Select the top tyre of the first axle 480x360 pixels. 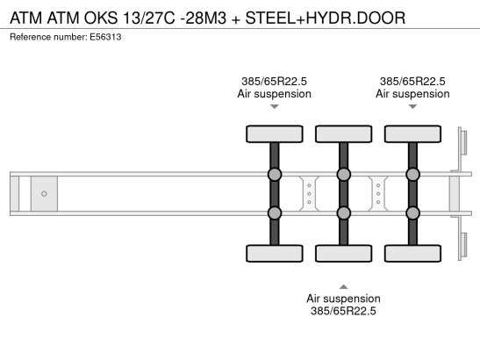point(274,134)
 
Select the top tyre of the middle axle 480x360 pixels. point(343,134)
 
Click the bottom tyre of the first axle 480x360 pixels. point(274,254)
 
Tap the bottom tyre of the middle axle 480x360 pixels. point(343,254)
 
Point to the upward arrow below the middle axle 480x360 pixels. point(343,286)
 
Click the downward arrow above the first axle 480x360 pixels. point(274,107)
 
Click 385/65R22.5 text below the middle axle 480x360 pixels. point(343,311)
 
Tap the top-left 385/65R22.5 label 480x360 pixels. point(274,81)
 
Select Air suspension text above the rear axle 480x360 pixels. point(413,93)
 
